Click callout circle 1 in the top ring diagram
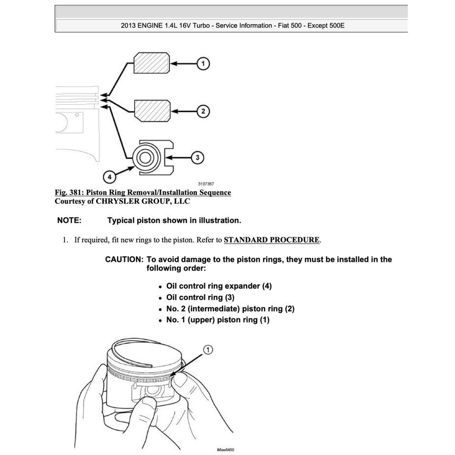(x=203, y=63)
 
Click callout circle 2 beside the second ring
(x=203, y=111)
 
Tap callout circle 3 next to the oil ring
(x=197, y=157)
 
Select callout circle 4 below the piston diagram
(x=110, y=177)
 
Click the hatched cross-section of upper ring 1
(x=151, y=63)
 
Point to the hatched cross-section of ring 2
(x=151, y=111)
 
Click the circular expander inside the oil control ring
(x=145, y=157)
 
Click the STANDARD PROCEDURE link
(x=271, y=240)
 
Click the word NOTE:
(x=69, y=220)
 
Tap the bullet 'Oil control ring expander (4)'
(x=218, y=286)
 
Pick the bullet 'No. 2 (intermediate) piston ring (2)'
(x=230, y=309)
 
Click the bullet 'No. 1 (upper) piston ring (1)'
(x=217, y=320)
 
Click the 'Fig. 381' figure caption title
(x=143, y=193)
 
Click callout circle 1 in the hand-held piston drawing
(x=209, y=351)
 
